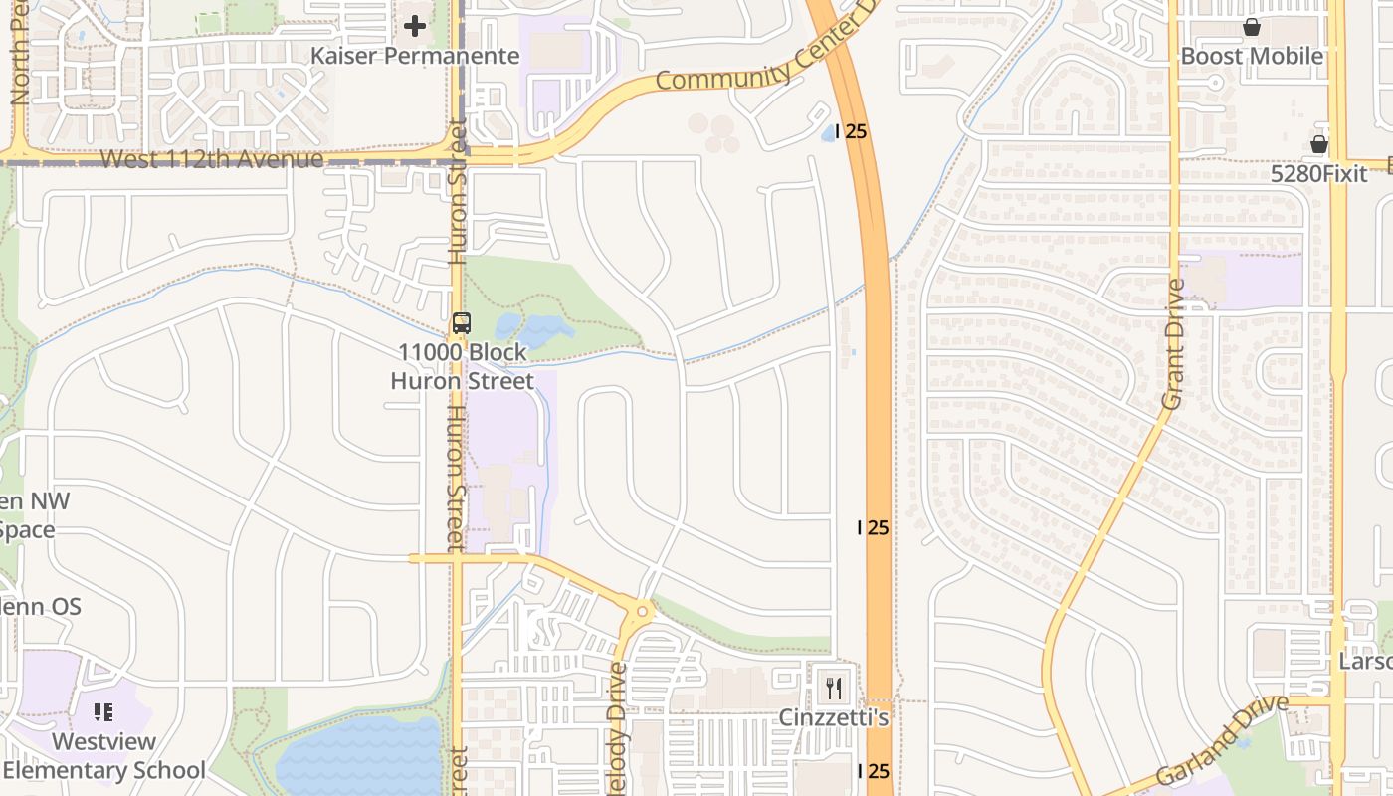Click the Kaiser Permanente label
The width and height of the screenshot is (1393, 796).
tap(415, 56)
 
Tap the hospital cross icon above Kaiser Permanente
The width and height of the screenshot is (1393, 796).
tap(415, 26)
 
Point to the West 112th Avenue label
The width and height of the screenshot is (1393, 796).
tap(212, 159)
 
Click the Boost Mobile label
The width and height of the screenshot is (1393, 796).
tap(1252, 56)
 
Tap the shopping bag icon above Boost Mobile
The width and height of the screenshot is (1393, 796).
tap(1252, 27)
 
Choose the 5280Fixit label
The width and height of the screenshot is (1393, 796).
tap(1319, 174)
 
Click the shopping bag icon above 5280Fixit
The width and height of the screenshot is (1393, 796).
tap(1319, 145)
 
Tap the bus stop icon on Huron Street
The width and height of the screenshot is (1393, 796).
tap(461, 322)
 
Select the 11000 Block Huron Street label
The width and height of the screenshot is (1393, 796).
tap(462, 366)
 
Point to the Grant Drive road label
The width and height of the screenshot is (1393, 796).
tap(1173, 344)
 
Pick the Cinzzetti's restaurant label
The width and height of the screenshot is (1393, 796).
tap(833, 717)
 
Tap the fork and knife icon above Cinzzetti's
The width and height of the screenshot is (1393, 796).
tap(834, 688)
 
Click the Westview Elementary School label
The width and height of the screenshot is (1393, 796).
tap(103, 756)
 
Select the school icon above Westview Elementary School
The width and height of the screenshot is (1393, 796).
tap(103, 712)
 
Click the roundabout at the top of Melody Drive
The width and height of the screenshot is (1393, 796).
tap(642, 611)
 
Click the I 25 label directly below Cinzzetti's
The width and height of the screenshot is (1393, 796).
tap(873, 771)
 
